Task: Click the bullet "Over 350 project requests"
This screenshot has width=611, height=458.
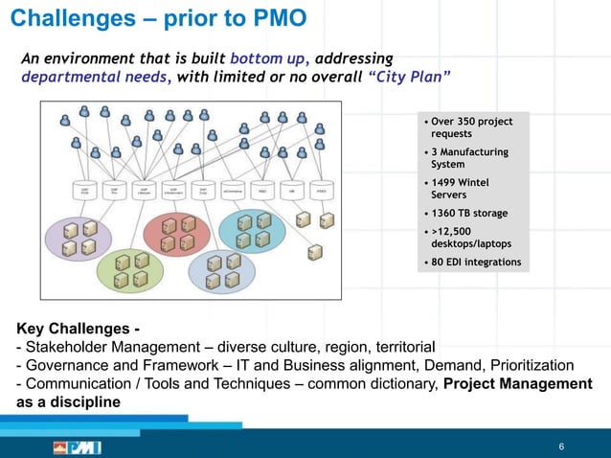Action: point(471,127)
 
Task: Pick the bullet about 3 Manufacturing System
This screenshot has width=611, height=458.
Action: point(469,158)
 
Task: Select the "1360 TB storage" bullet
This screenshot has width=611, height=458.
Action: point(469,213)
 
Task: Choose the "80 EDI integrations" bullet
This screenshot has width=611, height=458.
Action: point(475,262)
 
